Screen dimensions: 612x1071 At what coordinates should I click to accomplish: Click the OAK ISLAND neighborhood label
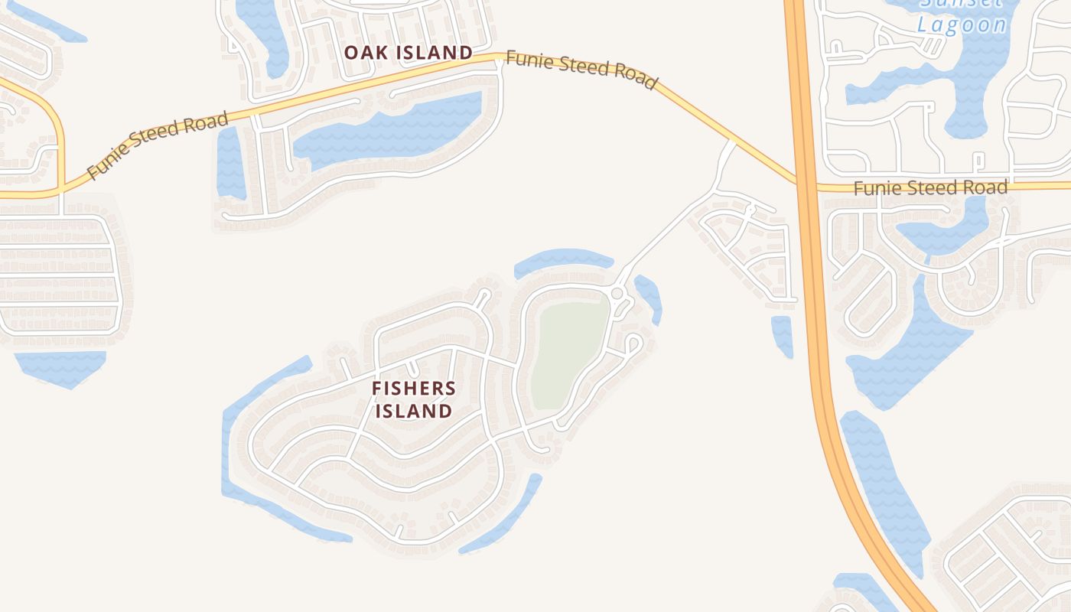[408, 53]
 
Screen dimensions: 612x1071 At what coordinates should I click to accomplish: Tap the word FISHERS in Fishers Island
[413, 389]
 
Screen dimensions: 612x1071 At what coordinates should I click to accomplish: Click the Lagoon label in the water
[962, 24]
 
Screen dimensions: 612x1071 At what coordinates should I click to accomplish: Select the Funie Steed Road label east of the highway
[930, 187]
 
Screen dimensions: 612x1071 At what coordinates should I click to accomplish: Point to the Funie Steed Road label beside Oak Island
[581, 70]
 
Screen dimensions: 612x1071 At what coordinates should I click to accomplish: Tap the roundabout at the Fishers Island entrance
[617, 294]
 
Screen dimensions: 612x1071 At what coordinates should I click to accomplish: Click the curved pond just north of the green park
[562, 260]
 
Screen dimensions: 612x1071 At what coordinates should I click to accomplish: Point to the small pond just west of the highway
[782, 335]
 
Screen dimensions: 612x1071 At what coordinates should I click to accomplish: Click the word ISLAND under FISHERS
[413, 412]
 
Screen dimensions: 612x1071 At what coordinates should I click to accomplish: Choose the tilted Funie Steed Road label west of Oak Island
[158, 145]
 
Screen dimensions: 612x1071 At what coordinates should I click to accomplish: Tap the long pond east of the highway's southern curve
[884, 490]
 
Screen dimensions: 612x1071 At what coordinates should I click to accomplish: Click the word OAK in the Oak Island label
[361, 53]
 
